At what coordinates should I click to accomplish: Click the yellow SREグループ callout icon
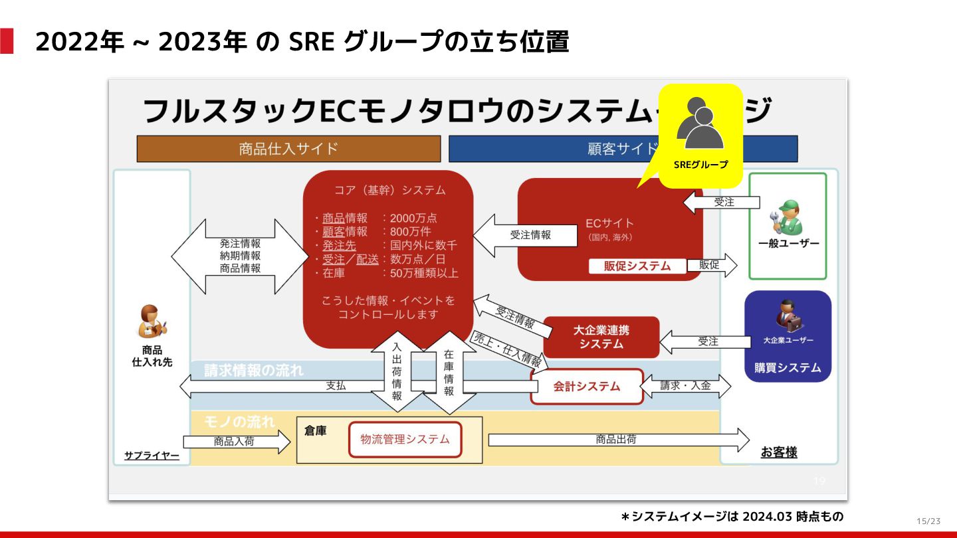pos(700,135)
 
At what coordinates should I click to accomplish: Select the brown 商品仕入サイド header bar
pos(288,149)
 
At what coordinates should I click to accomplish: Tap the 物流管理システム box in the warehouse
pos(405,439)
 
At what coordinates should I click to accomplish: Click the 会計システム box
pos(587,386)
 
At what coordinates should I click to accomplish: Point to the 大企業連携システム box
pos(601,337)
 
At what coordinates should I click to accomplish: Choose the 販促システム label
pos(637,266)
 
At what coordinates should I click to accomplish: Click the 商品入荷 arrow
pos(236,441)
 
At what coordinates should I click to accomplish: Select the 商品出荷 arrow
pos(618,440)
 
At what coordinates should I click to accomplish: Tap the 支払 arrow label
pos(336,386)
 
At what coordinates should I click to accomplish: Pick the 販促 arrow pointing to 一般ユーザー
pos(712,265)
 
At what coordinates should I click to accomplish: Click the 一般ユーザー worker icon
pos(788,217)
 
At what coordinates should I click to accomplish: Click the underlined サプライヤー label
pos(152,456)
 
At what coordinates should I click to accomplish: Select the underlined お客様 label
pos(779,452)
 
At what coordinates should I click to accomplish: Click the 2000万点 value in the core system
pos(413,218)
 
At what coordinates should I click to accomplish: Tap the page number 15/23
pos(928,521)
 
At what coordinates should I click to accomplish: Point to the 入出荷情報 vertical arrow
pos(397,372)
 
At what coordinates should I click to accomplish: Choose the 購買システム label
pos(788,367)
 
